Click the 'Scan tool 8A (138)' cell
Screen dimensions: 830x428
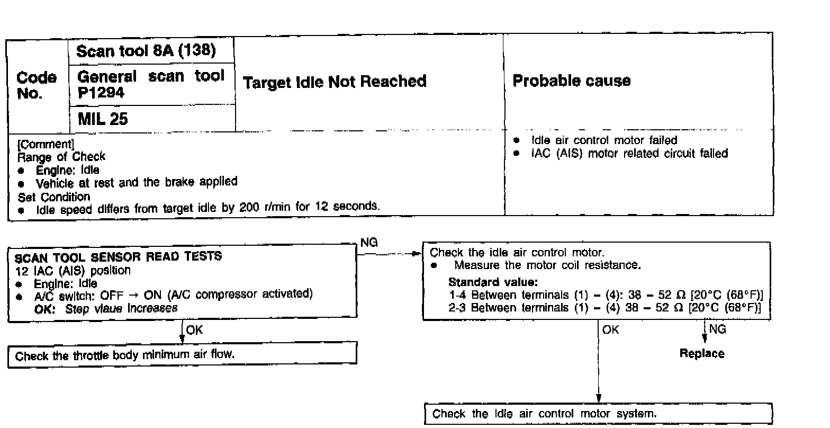pos(146,51)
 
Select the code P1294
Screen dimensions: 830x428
pos(101,92)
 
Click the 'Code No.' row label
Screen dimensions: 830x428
pos(37,86)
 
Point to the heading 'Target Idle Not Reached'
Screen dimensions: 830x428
pos(335,82)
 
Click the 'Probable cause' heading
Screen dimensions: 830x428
pos(572,81)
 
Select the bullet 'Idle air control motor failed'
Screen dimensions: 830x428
pos(603,140)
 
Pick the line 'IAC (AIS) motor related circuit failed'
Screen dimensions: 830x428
pos(629,154)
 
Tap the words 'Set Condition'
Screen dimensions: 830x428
pos(54,197)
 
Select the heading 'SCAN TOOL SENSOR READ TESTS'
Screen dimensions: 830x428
pos(119,257)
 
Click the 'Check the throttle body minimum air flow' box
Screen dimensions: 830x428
pos(182,355)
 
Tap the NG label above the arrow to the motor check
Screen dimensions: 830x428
pos(368,243)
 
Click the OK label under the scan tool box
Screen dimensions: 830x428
pos(194,329)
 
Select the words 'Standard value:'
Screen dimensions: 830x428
pos(493,282)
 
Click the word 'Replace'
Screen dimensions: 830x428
pos(702,353)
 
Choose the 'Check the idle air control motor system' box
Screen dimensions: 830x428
pos(599,414)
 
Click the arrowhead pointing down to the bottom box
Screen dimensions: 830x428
pos(599,398)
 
